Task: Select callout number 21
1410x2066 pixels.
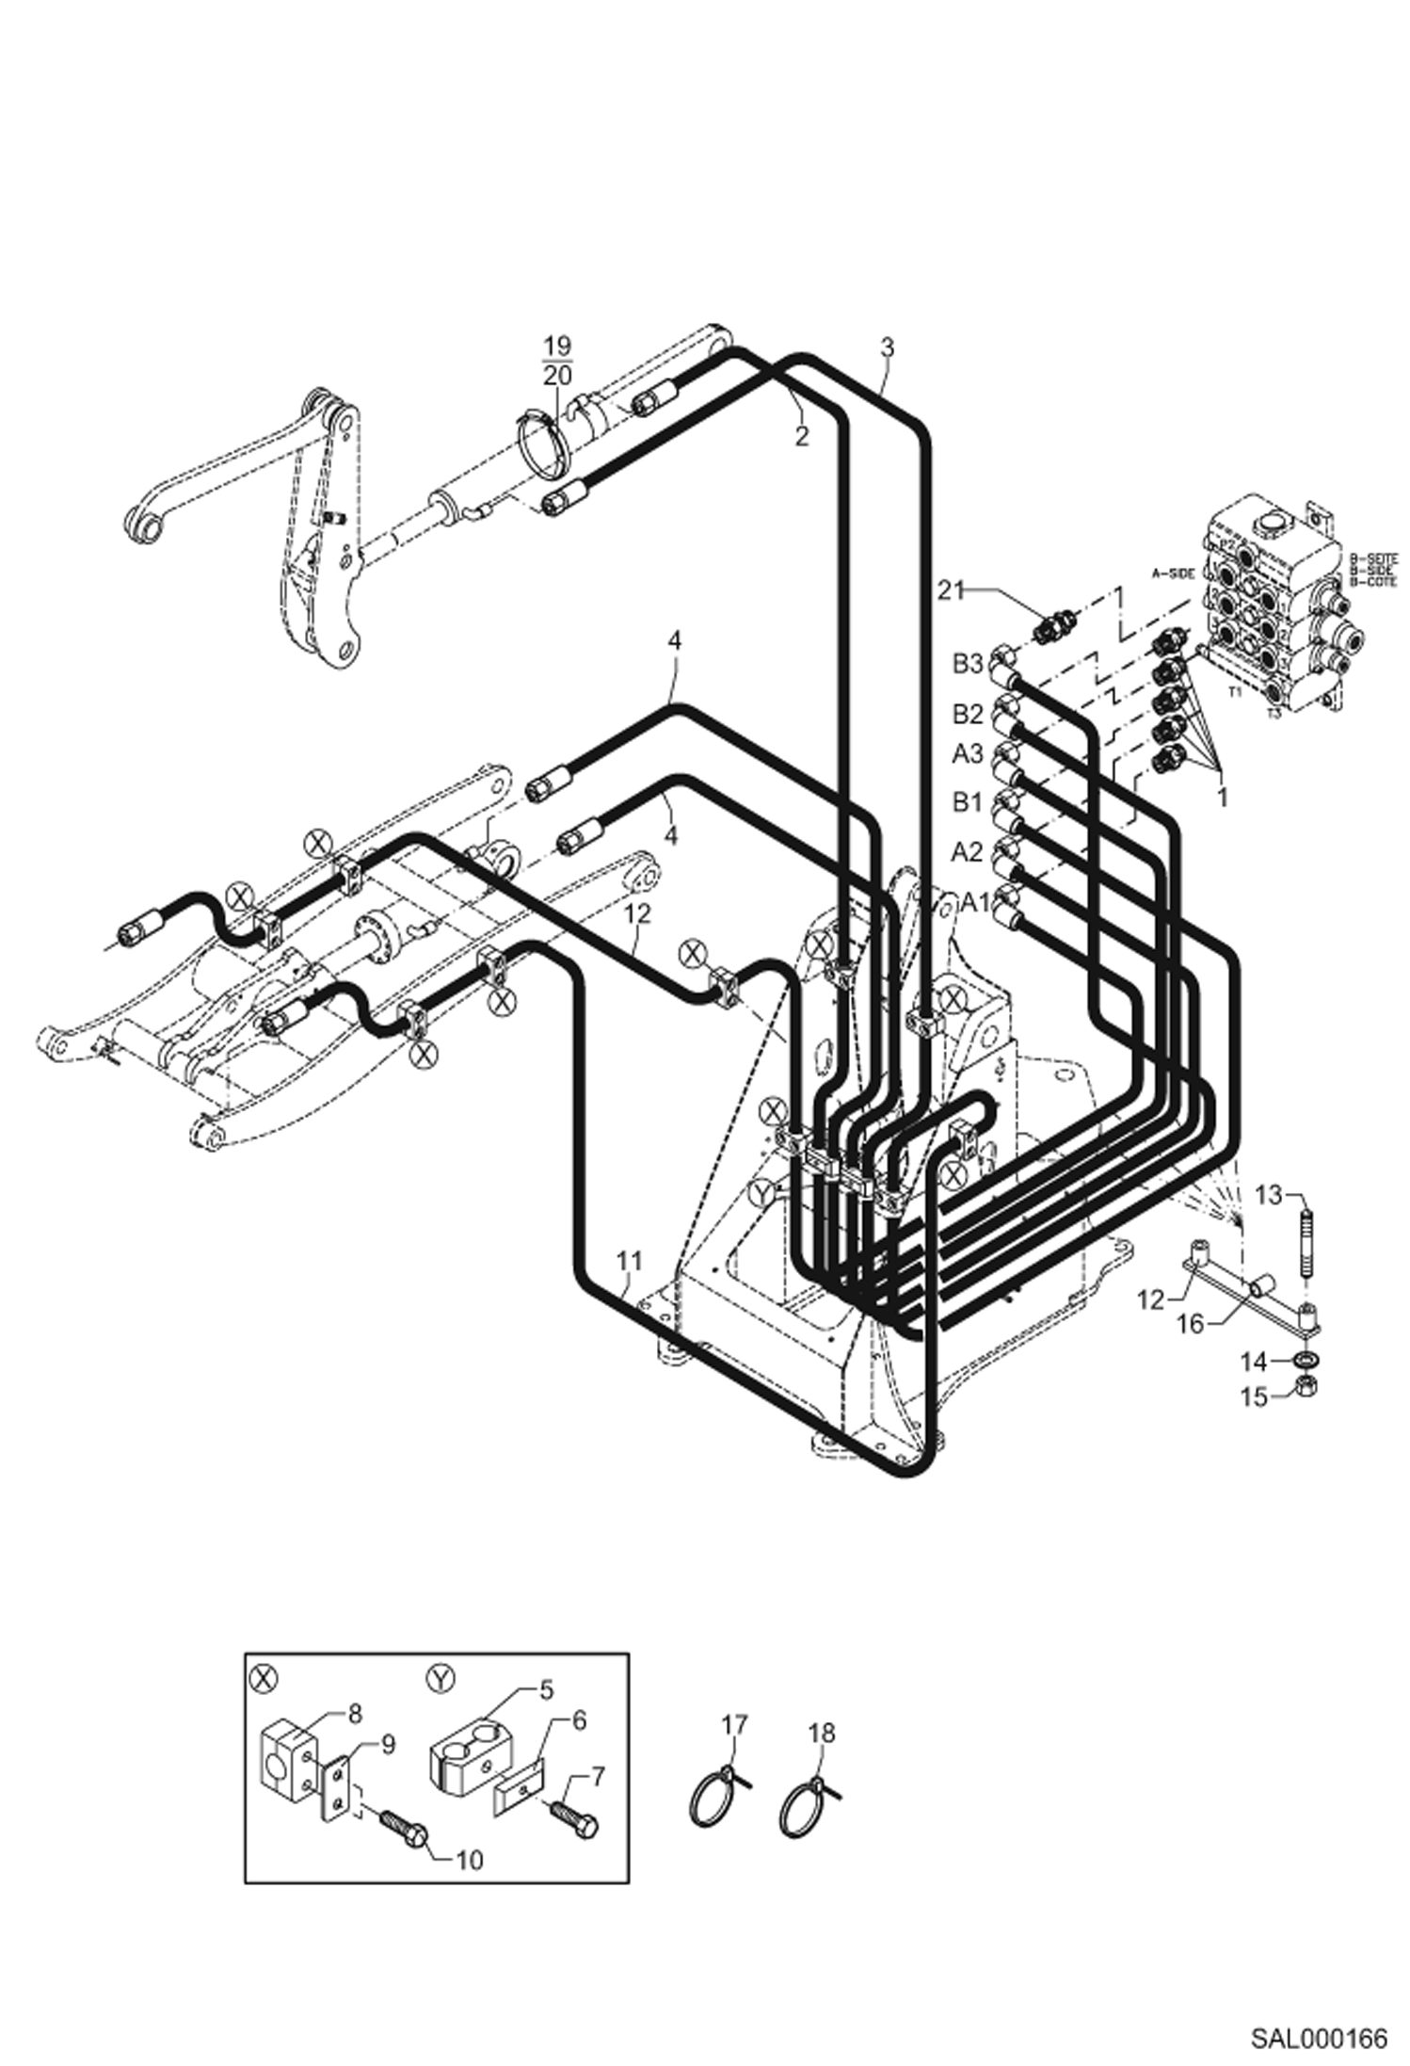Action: [x=952, y=590]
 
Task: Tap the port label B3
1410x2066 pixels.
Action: [x=967, y=664]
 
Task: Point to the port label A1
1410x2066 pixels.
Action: [x=976, y=902]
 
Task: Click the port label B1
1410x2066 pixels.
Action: [x=967, y=802]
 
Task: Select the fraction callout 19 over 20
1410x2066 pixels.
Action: [x=557, y=359]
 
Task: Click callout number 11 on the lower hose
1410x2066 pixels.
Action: [x=629, y=1260]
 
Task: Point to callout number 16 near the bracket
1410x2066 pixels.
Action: [x=1191, y=1323]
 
